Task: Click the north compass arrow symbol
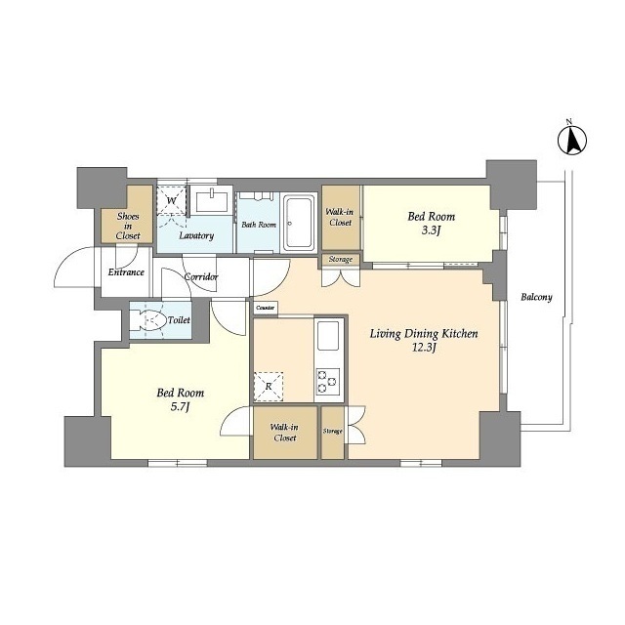point(572,140)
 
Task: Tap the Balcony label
point(536,297)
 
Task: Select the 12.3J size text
point(423,348)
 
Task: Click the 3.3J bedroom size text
point(431,230)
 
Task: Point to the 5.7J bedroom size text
point(180,407)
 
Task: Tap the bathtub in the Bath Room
point(299,223)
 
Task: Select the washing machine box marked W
point(172,200)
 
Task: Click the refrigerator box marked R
point(269,387)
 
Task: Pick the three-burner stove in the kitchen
point(328,382)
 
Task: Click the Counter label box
point(266,309)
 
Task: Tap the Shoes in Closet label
point(128,226)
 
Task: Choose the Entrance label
point(126,272)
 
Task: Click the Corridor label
point(201,276)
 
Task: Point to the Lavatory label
point(196,235)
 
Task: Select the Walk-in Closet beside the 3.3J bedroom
point(340,218)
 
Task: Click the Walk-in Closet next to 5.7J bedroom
point(285,433)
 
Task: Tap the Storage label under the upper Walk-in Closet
point(341,260)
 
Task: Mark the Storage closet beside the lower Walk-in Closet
point(332,433)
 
